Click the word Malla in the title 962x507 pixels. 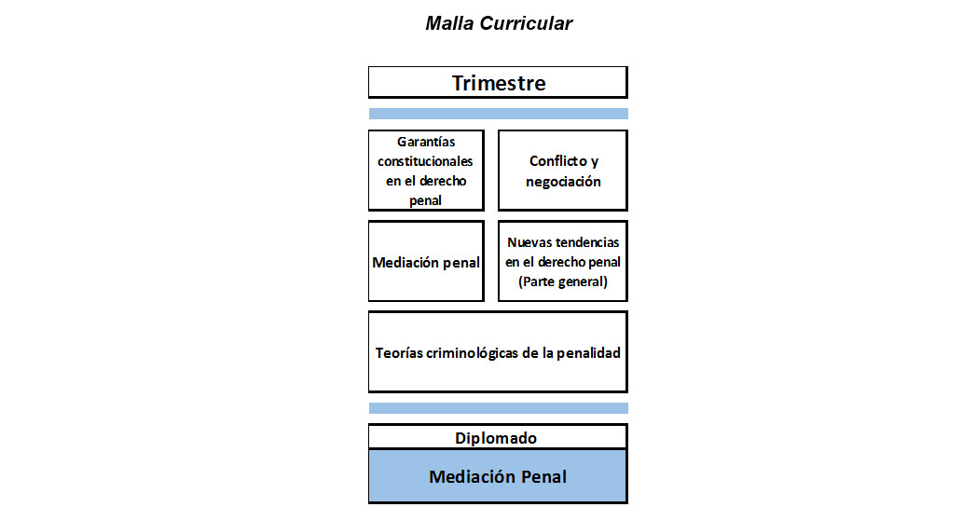pyautogui.click(x=449, y=23)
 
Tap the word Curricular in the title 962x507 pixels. pyautogui.click(x=527, y=23)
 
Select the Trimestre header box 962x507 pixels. pyautogui.click(x=498, y=82)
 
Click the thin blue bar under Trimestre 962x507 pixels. pyautogui.click(x=498, y=114)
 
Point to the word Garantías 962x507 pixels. pyautogui.click(x=426, y=142)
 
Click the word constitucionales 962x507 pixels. pyautogui.click(x=425, y=161)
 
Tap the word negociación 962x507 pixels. pyautogui.click(x=563, y=182)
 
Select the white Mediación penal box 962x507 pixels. pyautogui.click(x=426, y=261)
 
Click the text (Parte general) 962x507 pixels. pyautogui.click(x=563, y=281)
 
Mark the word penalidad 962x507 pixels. pyautogui.click(x=588, y=353)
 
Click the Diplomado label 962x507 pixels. pyautogui.click(x=496, y=438)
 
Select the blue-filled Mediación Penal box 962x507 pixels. pyautogui.click(x=498, y=476)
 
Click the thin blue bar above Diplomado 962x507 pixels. pyautogui.click(x=498, y=408)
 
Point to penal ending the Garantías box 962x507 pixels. pyautogui.click(x=425, y=200)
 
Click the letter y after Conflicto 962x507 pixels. pyautogui.click(x=595, y=162)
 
